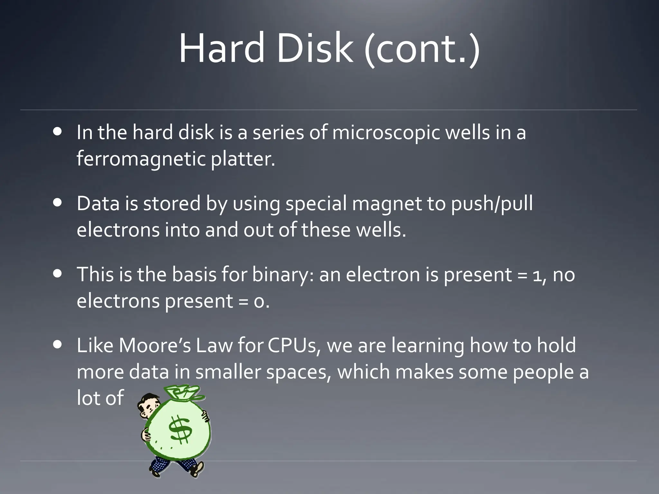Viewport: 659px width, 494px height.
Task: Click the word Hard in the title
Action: (222, 48)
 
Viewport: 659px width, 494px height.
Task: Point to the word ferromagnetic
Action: (141, 159)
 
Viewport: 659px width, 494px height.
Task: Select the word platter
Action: (243, 159)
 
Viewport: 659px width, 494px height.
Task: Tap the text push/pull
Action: (492, 204)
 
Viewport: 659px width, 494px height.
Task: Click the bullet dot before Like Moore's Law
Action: (58, 345)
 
